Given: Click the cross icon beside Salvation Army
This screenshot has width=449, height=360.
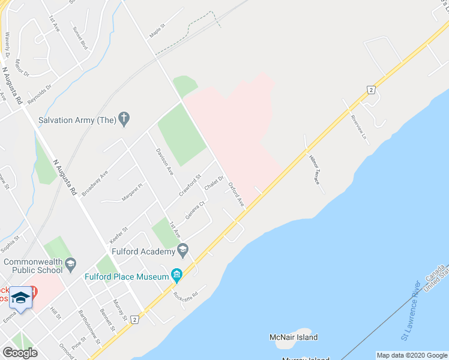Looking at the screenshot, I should [x=124, y=119].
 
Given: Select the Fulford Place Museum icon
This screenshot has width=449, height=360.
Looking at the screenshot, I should [x=176, y=276].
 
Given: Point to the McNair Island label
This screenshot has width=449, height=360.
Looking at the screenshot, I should [x=294, y=337].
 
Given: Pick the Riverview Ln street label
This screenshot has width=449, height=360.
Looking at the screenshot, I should [x=358, y=125].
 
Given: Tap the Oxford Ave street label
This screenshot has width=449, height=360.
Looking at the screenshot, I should [x=236, y=196].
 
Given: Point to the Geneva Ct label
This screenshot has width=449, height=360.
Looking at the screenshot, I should [x=196, y=210].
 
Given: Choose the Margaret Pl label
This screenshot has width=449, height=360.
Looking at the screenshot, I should [x=133, y=192].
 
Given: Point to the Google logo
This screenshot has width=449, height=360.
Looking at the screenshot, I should [x=20, y=353].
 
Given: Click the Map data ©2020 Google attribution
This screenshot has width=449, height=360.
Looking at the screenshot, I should [x=411, y=355].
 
